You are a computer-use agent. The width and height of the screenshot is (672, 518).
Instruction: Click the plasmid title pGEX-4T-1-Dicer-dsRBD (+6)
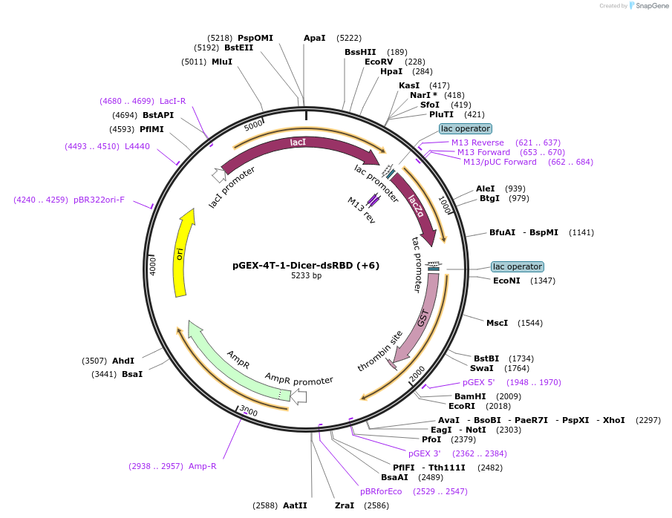click(306, 265)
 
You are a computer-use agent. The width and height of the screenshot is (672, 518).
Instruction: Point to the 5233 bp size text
click(306, 276)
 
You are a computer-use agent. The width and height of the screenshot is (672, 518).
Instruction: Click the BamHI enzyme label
click(470, 396)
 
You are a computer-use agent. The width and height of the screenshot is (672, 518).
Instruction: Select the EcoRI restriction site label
click(462, 406)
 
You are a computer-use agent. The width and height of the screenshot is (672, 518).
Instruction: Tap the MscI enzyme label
click(497, 323)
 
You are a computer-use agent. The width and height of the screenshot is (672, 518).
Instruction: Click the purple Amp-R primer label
click(203, 466)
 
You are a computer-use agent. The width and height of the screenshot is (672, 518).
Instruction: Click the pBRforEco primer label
click(381, 491)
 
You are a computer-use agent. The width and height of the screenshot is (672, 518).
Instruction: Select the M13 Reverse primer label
click(477, 142)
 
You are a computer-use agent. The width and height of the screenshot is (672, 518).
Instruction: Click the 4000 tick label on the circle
click(153, 265)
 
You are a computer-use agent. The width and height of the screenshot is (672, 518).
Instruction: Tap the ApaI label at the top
click(315, 38)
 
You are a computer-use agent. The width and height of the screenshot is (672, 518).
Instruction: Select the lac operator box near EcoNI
click(518, 266)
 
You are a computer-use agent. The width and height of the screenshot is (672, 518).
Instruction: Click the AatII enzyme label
click(295, 505)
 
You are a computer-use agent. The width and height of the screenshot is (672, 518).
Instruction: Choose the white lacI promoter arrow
click(219, 175)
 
